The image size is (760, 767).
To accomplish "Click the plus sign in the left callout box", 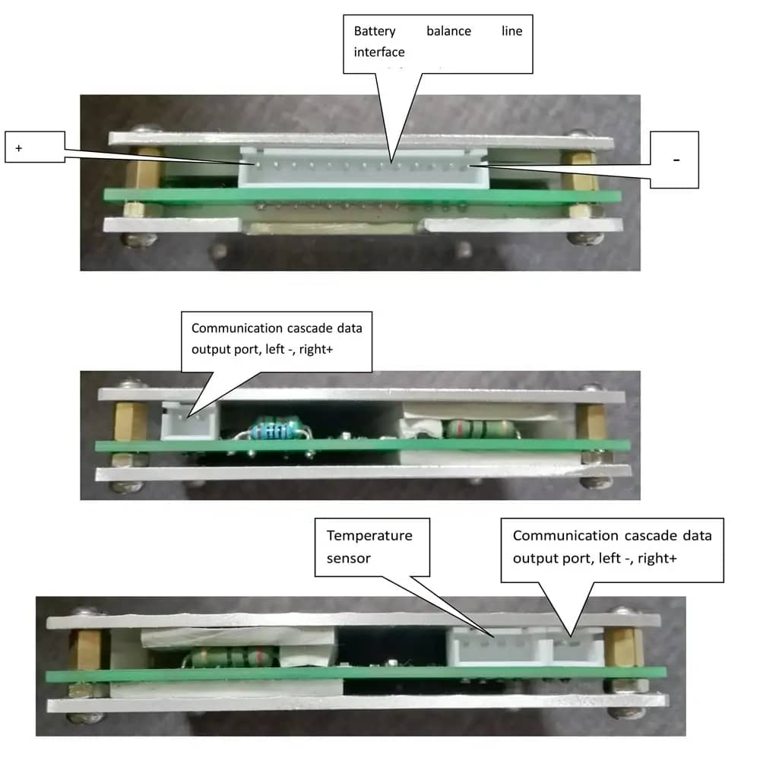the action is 18,147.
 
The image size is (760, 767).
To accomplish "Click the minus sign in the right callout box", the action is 676,160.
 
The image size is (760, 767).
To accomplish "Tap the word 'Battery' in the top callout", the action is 375,31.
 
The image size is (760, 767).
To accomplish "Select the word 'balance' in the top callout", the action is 448,31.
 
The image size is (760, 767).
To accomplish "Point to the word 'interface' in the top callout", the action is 379,52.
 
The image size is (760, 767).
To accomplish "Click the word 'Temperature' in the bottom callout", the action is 369,536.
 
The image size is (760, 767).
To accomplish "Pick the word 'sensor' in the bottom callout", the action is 348,558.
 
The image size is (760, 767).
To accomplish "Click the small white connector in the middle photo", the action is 190,420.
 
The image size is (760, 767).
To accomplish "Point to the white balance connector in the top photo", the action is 363,168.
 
